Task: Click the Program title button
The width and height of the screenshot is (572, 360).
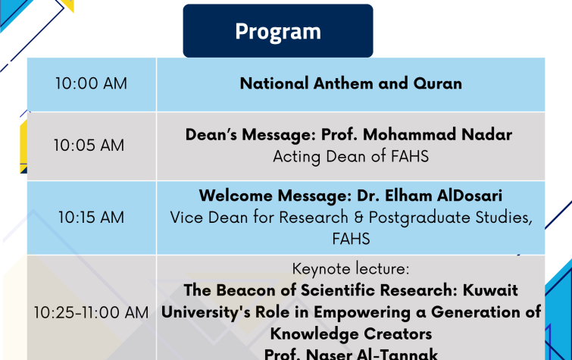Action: click(x=278, y=30)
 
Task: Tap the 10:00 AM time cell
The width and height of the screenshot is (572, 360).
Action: click(x=92, y=84)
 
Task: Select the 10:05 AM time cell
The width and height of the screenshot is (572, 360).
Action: click(x=92, y=146)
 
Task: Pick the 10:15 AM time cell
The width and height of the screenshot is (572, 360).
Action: click(x=92, y=218)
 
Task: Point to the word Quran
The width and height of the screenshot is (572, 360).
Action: click(x=438, y=83)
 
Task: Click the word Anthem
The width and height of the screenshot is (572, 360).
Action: click(x=343, y=83)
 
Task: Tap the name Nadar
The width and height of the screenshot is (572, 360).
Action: click(x=486, y=134)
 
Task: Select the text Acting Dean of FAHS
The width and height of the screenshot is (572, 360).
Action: click(x=351, y=157)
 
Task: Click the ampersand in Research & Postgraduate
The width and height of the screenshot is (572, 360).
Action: click(x=358, y=218)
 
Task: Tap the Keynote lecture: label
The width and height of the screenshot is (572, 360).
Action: click(x=351, y=269)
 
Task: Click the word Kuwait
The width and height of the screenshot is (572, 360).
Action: click(x=490, y=290)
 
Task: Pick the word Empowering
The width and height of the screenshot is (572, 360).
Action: click(x=362, y=312)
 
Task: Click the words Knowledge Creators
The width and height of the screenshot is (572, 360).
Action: click(x=351, y=333)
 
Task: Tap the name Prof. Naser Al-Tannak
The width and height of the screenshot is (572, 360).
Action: click(x=351, y=353)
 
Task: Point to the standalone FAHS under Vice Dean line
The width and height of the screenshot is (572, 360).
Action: click(x=351, y=239)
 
